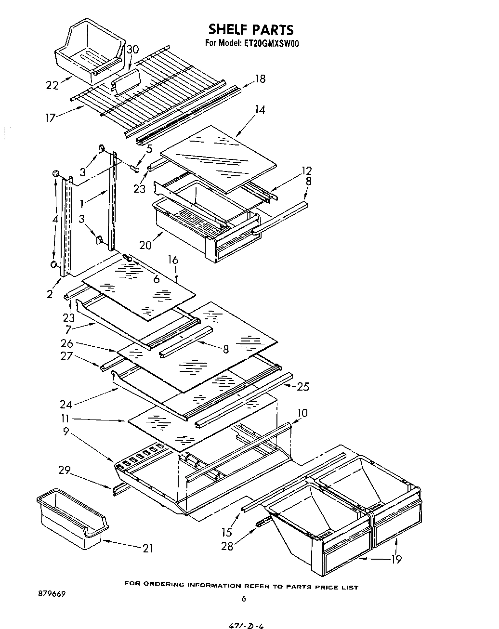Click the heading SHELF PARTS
pyautogui.click(x=250, y=30)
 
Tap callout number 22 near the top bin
pyautogui.click(x=52, y=85)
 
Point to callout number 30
pyautogui.click(x=133, y=49)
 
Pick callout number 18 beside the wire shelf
pyautogui.click(x=260, y=79)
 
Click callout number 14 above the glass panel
pyautogui.click(x=260, y=110)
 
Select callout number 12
pyautogui.click(x=306, y=170)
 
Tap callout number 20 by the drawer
pyautogui.click(x=145, y=245)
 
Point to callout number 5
pyautogui.click(x=149, y=149)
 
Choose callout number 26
pyautogui.click(x=67, y=343)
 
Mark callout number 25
pyautogui.click(x=303, y=386)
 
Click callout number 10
pyautogui.click(x=302, y=413)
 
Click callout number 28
pyautogui.click(x=226, y=547)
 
